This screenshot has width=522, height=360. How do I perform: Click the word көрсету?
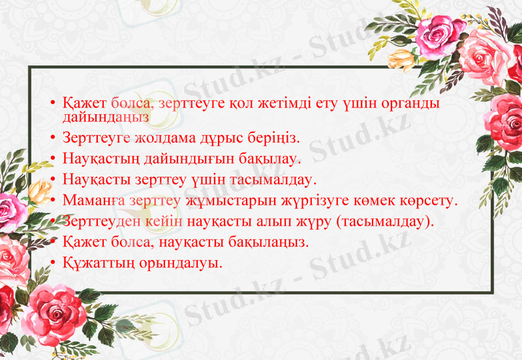[427, 200]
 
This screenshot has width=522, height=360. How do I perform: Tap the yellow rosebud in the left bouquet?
[41, 190]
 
